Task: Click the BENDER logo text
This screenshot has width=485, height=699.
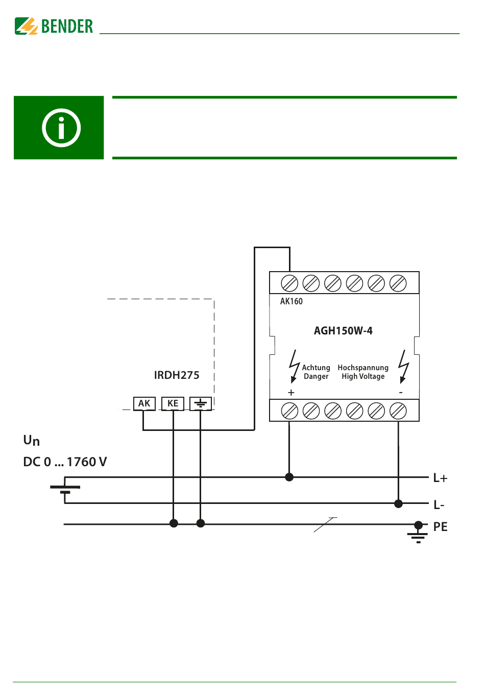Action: pyautogui.click(x=67, y=26)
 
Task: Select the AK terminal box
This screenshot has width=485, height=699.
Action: pyautogui.click(x=144, y=403)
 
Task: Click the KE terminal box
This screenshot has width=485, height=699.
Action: pyautogui.click(x=173, y=403)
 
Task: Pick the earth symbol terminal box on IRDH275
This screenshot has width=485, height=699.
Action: pyautogui.click(x=200, y=403)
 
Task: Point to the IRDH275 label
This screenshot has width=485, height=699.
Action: pyautogui.click(x=177, y=375)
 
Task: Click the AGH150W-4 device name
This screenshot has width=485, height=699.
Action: pyautogui.click(x=343, y=330)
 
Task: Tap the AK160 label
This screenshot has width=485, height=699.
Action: pyautogui.click(x=291, y=301)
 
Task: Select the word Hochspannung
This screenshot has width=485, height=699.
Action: pyautogui.click(x=363, y=368)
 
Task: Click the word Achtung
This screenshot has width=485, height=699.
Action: pyautogui.click(x=316, y=368)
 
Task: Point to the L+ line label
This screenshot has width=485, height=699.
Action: pyautogui.click(x=440, y=478)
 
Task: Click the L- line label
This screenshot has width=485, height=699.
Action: pyautogui.click(x=439, y=504)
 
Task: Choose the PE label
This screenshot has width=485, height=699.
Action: pyautogui.click(x=441, y=527)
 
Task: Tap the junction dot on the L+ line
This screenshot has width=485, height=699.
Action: pyautogui.click(x=289, y=477)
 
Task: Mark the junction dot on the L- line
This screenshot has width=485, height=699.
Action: pyautogui.click(x=398, y=503)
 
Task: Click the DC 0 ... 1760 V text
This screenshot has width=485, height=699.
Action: pyautogui.click(x=65, y=462)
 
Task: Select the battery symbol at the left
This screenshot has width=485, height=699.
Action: pyautogui.click(x=65, y=489)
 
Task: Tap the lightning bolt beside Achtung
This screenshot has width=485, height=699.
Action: pyautogui.click(x=294, y=367)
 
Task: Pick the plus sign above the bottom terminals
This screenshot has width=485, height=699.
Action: pyautogui.click(x=291, y=393)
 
